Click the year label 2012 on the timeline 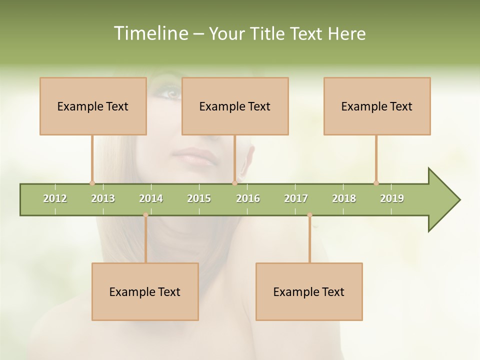tap(55, 198)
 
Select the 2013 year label tap(103, 198)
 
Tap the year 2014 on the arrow tap(151, 198)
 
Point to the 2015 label tap(199, 198)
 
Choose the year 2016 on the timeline tap(248, 198)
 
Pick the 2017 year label tap(296, 198)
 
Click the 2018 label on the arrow tap(344, 198)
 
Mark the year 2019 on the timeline tap(392, 198)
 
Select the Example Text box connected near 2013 tap(93, 106)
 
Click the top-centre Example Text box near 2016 tap(235, 106)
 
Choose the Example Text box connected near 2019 tap(377, 106)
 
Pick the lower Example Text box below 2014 tap(145, 291)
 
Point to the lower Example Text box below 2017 tap(309, 291)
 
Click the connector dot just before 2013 tap(92, 183)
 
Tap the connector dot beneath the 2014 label tap(145, 215)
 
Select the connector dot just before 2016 tap(234, 183)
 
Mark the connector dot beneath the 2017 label tap(309, 215)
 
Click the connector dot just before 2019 tap(376, 183)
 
